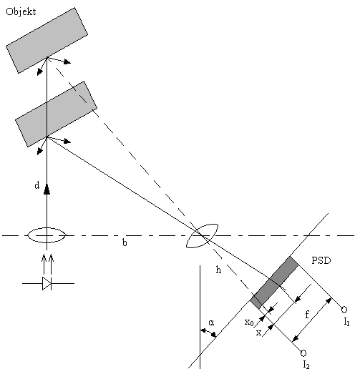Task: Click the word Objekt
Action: pyautogui.click(x=21, y=12)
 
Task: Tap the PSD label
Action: pyautogui.click(x=321, y=260)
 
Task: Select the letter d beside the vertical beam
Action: pyautogui.click(x=37, y=185)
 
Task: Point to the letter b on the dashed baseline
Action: pyautogui.click(x=125, y=242)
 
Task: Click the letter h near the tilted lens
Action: pyautogui.click(x=218, y=270)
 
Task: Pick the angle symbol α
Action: pyautogui.click(x=211, y=323)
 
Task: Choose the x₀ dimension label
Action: pyautogui.click(x=249, y=323)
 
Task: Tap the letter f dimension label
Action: pyautogui.click(x=307, y=315)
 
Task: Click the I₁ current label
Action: pyautogui.click(x=346, y=323)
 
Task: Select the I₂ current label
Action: pyautogui.click(x=306, y=365)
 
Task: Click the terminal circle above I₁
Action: pyautogui.click(x=344, y=310)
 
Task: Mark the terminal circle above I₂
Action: pyautogui.click(x=303, y=353)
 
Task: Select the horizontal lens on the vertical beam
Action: pyautogui.click(x=47, y=235)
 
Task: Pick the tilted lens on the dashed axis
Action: pyautogui.click(x=202, y=236)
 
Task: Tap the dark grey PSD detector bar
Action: pyautogui.click(x=275, y=282)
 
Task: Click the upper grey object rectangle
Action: pyautogui.click(x=47, y=40)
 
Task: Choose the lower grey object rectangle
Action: pyautogui.click(x=56, y=114)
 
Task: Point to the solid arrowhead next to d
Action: pyautogui.click(x=47, y=190)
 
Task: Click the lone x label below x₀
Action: pyautogui.click(x=258, y=333)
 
